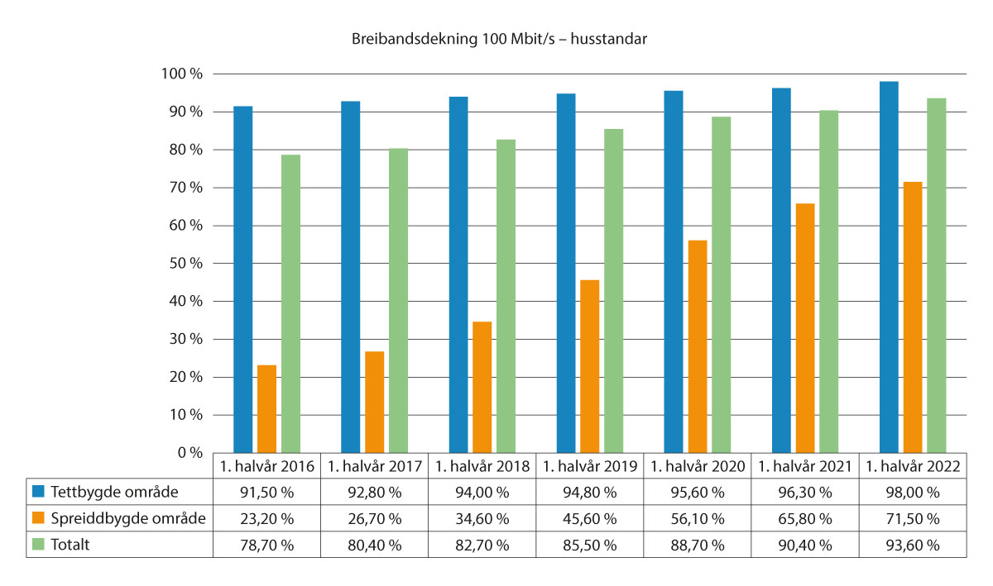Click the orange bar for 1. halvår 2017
374,402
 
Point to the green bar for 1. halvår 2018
506,296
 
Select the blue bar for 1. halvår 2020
674,272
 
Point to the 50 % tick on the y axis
185,264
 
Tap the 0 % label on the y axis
189,453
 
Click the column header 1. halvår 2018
482,466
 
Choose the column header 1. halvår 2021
805,466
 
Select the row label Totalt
74,546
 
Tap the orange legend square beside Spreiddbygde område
39,519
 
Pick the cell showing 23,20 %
267,519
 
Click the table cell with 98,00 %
913,493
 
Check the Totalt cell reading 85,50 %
590,546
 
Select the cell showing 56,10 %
698,519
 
